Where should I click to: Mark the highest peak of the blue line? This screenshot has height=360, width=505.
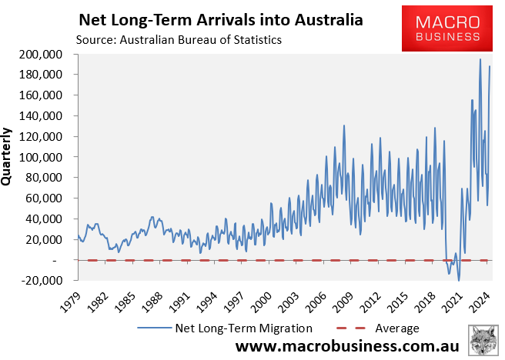tap(480, 59)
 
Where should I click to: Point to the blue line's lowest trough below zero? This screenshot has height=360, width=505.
tap(460, 280)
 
